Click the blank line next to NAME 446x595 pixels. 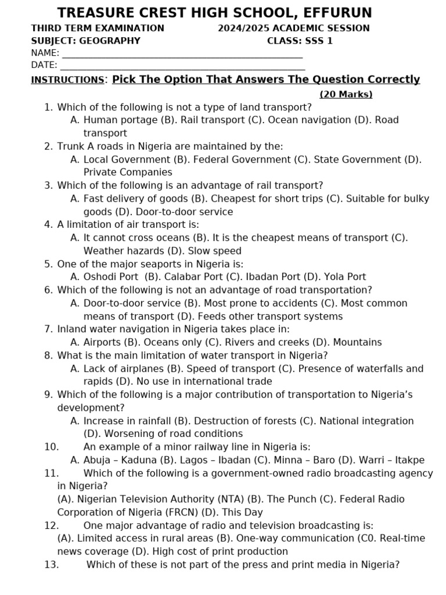pos(182,53)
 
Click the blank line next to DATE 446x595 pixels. pos(182,66)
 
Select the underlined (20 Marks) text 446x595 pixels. pos(346,94)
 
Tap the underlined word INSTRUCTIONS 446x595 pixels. pos(67,80)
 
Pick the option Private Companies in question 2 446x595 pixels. pos(128,173)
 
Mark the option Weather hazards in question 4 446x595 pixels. pos(121,251)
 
